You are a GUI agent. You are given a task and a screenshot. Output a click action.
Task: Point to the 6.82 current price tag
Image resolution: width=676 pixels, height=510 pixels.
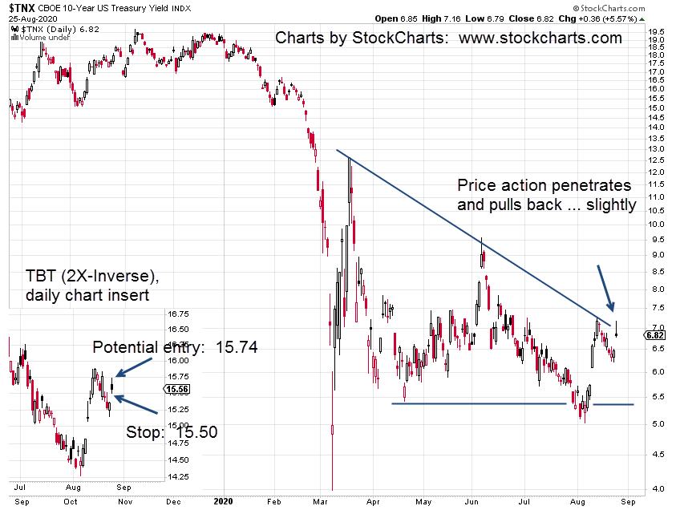pyautogui.click(x=653, y=334)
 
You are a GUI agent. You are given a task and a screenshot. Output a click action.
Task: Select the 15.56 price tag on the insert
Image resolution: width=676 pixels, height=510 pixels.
pyautogui.click(x=176, y=389)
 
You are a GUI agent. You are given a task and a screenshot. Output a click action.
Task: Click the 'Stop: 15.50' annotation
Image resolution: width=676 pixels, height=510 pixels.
pyautogui.click(x=172, y=431)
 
